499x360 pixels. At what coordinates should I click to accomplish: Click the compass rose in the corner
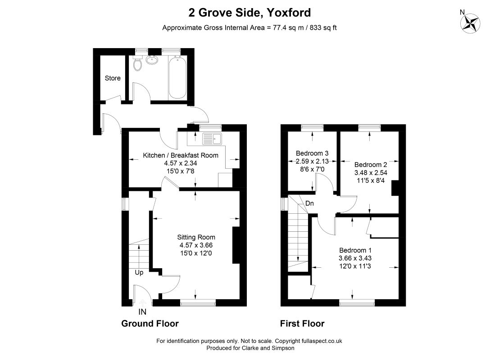470,23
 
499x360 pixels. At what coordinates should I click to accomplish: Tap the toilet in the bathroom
138,63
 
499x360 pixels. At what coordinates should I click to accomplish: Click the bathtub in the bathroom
177,77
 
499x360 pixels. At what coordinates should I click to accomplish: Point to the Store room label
113,78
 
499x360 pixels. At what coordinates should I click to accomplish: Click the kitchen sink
212,139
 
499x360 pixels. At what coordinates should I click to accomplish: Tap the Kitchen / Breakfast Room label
181,155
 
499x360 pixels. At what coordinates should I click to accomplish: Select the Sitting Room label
196,237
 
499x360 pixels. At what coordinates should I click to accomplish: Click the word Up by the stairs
139,273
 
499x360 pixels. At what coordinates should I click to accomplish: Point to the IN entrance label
142,312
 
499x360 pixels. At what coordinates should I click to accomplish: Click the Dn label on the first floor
309,203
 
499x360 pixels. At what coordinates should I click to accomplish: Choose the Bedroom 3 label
312,153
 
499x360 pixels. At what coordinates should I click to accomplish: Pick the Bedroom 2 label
371,164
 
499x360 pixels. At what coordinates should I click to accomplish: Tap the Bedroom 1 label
355,250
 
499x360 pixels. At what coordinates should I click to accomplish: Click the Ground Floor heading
150,324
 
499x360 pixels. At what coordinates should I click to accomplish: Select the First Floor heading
302,324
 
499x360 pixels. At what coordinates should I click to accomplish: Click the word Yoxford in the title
289,13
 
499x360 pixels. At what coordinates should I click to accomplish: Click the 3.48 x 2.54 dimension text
371,173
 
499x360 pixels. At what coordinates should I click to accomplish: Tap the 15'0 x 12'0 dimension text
196,253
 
